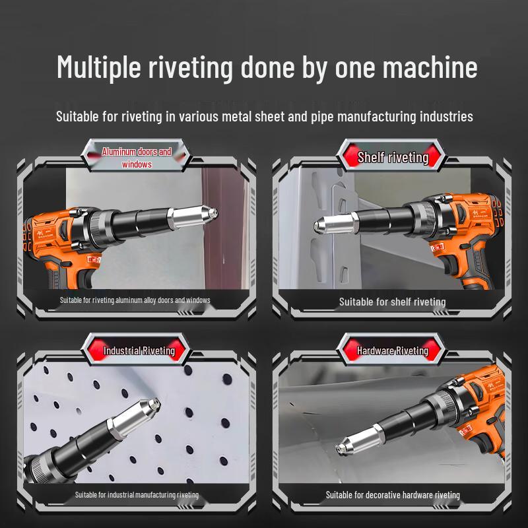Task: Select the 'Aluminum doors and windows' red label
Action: [x=137, y=158]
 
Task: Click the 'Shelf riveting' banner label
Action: [x=393, y=157]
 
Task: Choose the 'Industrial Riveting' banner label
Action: [x=139, y=350]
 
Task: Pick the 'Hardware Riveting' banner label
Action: [x=393, y=350]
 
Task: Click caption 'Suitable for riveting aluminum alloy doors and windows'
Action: [x=135, y=300]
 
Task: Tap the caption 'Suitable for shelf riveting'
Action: [x=392, y=302]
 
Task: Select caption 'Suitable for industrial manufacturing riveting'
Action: [x=137, y=494]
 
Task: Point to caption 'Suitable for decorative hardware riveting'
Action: [x=393, y=494]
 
